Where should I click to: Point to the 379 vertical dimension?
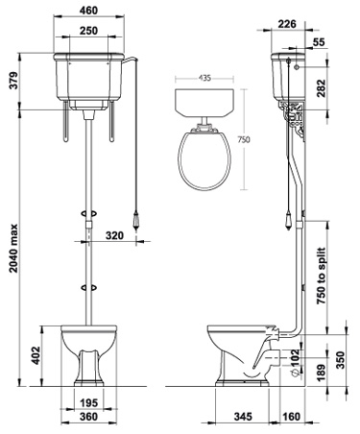click(11, 84)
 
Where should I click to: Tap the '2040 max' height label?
click(11, 240)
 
